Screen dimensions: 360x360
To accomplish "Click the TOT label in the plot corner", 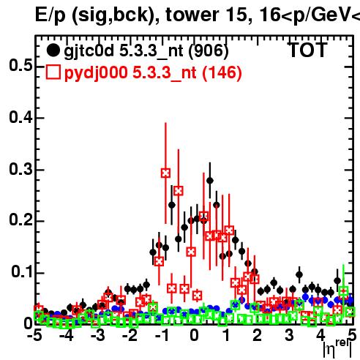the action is (307, 50).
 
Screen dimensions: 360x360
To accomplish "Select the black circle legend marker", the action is (53, 50).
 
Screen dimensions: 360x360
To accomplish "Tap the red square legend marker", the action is (53, 72).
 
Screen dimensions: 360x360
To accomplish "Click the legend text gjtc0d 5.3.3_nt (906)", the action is (146, 51).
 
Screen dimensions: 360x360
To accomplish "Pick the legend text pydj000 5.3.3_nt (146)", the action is (153, 72).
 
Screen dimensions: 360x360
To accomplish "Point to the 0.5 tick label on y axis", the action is (20, 65).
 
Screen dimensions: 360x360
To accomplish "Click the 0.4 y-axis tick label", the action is (20, 117).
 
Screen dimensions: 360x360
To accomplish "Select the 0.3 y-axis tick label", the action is (20, 169).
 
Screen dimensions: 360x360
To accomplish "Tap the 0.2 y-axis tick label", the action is (20, 220).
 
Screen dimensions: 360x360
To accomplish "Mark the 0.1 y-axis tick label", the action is (22, 271).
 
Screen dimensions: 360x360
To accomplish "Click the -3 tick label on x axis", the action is (97, 336).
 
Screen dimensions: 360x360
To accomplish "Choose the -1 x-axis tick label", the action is (162, 336).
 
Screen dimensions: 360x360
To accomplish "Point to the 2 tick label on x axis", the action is (258, 336).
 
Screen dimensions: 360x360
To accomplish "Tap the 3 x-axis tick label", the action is (289, 336).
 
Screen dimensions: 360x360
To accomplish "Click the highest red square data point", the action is (165, 173).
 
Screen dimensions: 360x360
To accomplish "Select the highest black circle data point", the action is (210, 181).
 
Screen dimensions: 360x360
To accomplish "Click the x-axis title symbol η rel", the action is (337, 348).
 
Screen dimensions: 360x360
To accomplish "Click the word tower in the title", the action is (192, 15).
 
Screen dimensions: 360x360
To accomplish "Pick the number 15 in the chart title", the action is (239, 15).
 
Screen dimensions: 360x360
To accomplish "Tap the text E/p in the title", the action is (50, 15).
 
